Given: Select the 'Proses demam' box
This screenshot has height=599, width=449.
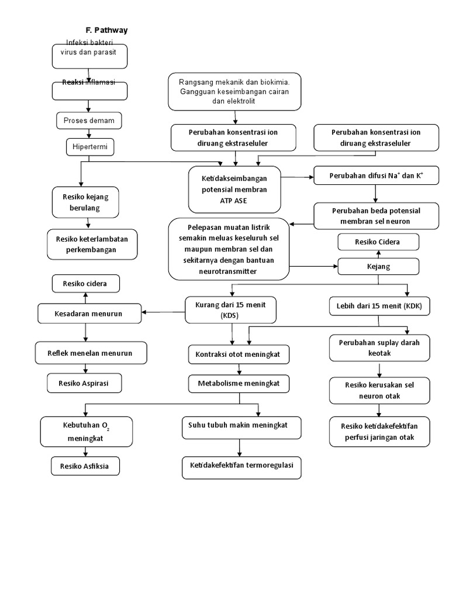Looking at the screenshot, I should (x=89, y=121).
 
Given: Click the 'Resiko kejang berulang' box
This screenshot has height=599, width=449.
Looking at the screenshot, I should (x=89, y=202).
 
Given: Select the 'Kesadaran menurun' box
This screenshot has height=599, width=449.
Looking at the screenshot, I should (x=89, y=314).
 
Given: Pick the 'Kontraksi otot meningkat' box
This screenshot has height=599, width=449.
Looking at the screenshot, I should (x=239, y=354).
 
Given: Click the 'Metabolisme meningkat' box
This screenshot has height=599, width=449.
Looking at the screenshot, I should (x=239, y=383).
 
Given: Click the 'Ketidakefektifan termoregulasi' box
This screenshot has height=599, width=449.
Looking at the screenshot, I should (x=241, y=467).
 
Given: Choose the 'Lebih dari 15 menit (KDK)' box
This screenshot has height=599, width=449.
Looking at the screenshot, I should (x=379, y=306).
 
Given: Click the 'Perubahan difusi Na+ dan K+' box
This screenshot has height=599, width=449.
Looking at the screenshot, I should (x=376, y=175).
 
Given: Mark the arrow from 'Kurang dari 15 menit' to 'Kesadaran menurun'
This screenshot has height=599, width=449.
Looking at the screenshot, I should (x=164, y=311).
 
